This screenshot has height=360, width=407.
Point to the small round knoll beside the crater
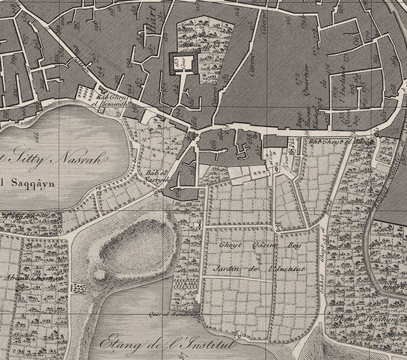tap(100, 275)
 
